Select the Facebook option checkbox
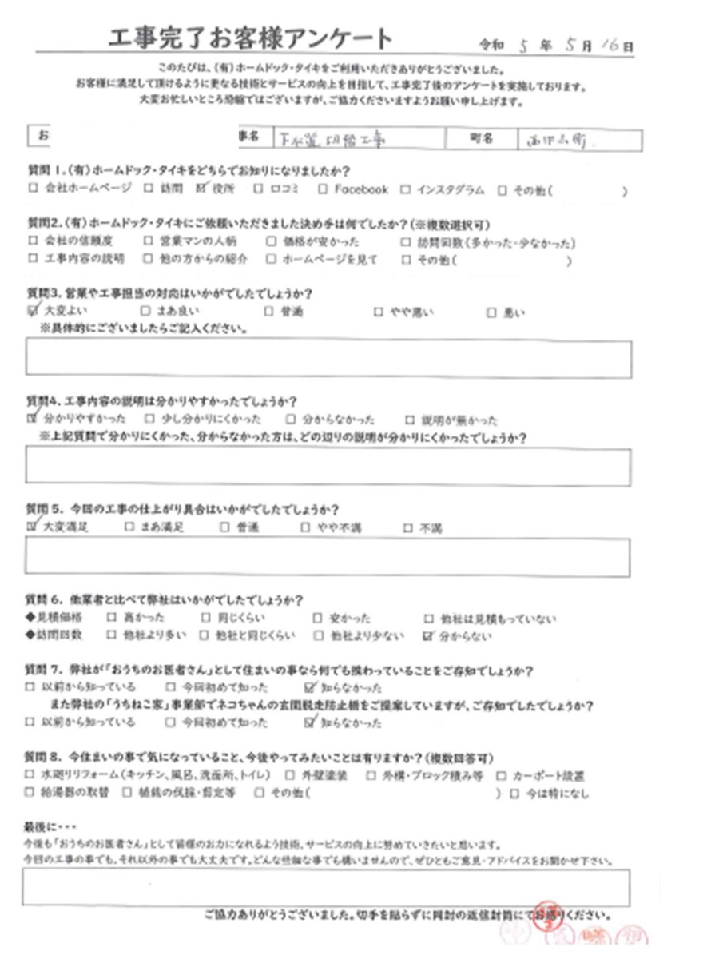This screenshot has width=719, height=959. (322, 189)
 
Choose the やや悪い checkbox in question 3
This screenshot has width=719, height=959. (379, 312)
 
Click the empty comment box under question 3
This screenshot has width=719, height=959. (328, 357)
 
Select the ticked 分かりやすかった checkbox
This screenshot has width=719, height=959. (32, 418)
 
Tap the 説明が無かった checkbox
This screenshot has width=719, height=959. (410, 419)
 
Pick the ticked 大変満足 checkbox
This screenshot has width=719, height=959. (32, 527)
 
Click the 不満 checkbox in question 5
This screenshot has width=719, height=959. (408, 527)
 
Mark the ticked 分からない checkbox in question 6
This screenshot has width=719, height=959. (430, 636)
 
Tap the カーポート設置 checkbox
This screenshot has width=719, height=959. (499, 775)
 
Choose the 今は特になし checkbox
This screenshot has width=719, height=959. (513, 794)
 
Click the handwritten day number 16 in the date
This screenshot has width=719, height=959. (610, 46)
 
